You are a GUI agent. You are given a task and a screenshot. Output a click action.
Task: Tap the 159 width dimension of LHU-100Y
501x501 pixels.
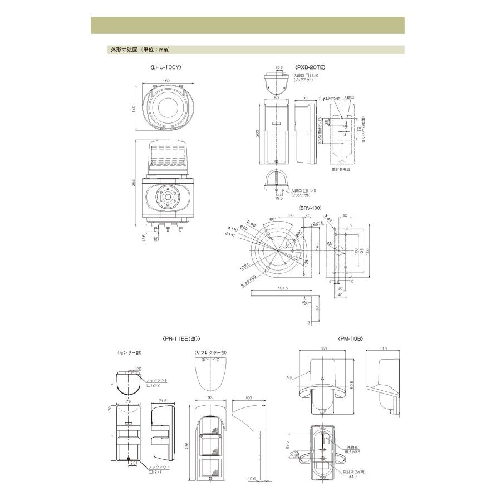click(166, 80)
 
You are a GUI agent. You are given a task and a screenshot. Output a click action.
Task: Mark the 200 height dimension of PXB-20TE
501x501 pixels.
click(257, 134)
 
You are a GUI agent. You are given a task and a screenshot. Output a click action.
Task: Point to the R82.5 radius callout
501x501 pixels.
click(243, 266)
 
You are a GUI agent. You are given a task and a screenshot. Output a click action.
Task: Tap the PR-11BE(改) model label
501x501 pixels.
click(181, 338)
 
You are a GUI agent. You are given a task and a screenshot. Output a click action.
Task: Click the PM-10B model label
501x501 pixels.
click(350, 338)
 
